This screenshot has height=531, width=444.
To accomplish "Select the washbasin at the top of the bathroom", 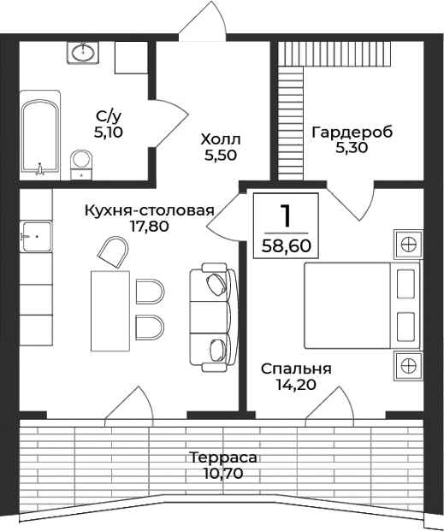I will click(x=84, y=53).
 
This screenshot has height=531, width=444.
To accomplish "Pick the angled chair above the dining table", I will click(x=115, y=252).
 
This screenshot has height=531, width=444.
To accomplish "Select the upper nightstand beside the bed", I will click(x=408, y=244).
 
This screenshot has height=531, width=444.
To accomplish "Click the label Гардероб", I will click(x=352, y=133).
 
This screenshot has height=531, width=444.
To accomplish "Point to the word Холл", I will click(x=221, y=139).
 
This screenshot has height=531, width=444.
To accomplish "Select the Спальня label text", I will click(x=296, y=369).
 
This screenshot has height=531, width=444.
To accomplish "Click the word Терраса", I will click(x=223, y=457).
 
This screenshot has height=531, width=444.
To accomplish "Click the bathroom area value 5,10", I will click(x=109, y=133).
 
